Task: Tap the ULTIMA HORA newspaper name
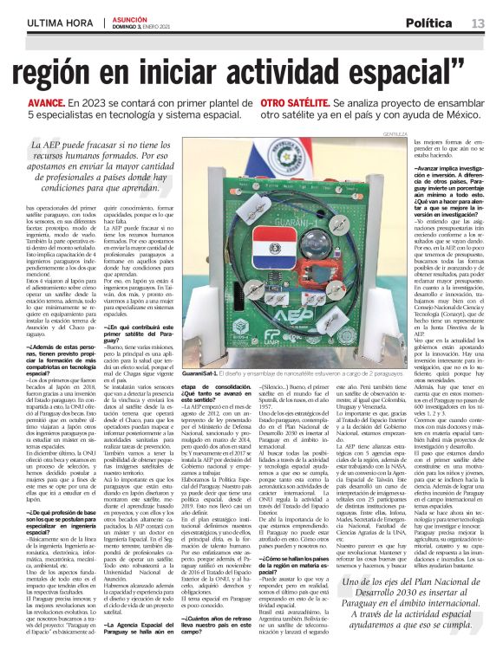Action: (x=43, y=21)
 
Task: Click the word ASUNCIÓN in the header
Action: (x=127, y=17)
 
